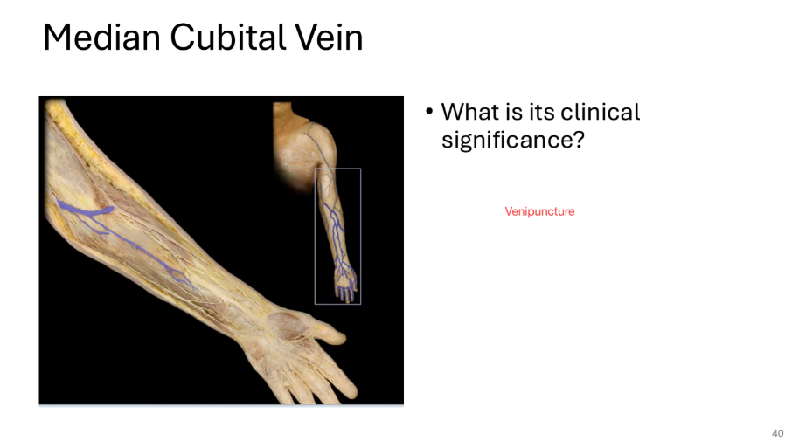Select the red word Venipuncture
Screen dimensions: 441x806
[539, 211]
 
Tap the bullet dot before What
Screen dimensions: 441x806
[429, 113]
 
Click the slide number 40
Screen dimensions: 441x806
[778, 433]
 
